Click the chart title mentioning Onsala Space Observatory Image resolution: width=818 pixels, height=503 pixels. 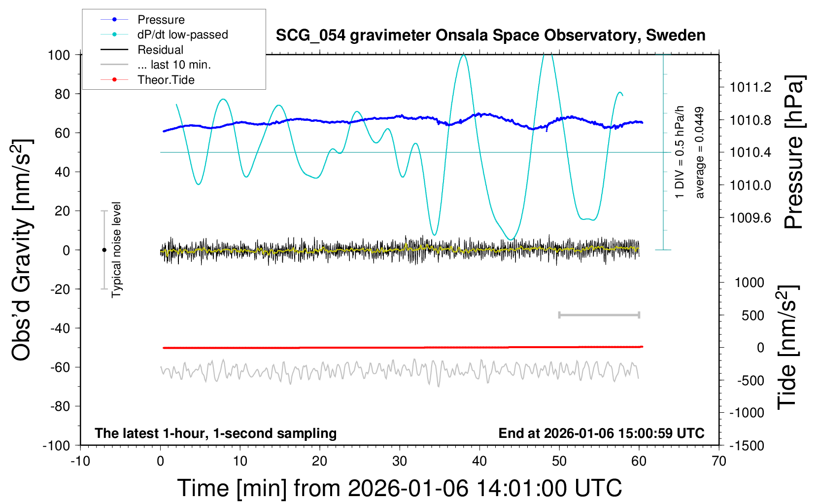(490, 36)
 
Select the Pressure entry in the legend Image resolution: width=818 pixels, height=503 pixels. (161, 20)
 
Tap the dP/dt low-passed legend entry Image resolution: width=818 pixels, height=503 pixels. (182, 35)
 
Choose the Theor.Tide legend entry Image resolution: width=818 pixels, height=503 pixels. (166, 80)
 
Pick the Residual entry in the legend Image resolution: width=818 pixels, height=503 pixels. (160, 50)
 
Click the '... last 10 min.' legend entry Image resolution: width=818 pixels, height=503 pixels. (174, 65)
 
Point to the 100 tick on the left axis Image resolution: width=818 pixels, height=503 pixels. (59, 55)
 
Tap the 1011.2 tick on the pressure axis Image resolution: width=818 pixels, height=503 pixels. (750, 88)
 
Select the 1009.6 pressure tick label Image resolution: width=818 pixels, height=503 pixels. (750, 218)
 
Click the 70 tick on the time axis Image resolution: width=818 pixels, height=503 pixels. (719, 462)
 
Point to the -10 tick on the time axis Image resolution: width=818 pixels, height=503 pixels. (80, 462)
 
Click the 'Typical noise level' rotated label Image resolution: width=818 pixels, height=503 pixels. (116, 250)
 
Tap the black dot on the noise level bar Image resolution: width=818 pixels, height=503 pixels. (104, 250)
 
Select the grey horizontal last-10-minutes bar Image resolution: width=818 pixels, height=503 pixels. (599, 315)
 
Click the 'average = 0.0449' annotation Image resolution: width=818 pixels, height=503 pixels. (699, 153)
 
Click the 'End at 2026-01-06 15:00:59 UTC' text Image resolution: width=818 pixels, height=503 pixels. (601, 433)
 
